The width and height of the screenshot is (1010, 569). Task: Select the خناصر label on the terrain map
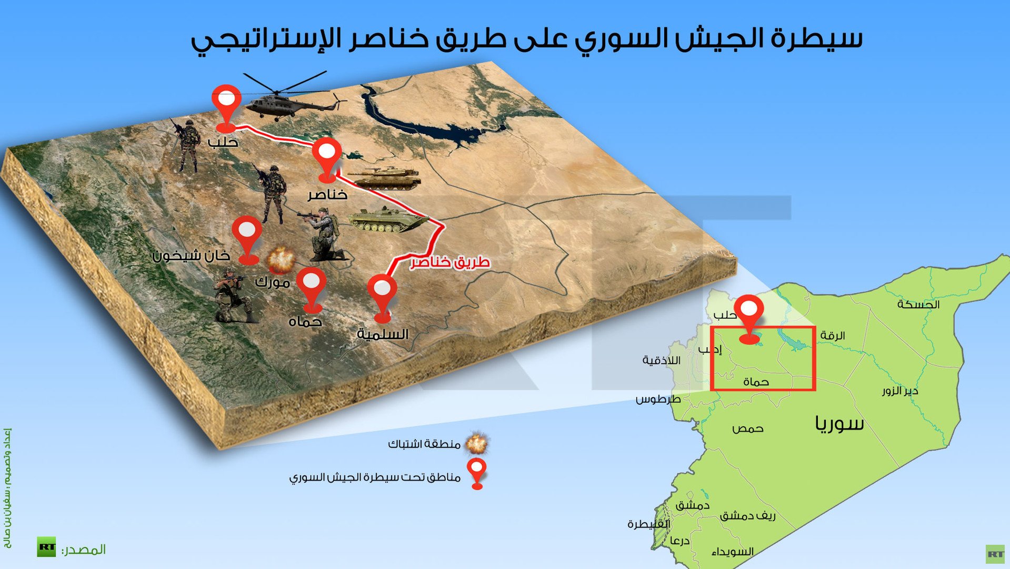click(x=328, y=195)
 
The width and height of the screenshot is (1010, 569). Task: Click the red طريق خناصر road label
click(x=451, y=262)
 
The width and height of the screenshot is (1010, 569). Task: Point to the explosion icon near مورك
click(x=281, y=259)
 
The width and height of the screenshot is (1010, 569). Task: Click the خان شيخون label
click(x=191, y=256)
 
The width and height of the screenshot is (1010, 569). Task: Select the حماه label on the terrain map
click(x=305, y=321)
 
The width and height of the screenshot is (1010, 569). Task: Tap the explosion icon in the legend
click(x=477, y=444)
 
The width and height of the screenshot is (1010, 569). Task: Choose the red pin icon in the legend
click(x=477, y=474)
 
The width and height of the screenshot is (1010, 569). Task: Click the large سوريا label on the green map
click(x=839, y=423)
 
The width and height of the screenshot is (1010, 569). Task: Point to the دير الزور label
click(x=900, y=391)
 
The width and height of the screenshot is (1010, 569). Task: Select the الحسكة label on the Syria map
click(x=918, y=304)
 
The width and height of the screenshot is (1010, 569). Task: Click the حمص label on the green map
click(x=747, y=428)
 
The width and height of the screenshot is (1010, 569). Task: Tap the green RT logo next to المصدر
click(x=46, y=547)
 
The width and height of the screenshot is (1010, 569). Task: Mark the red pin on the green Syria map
click(x=748, y=319)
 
